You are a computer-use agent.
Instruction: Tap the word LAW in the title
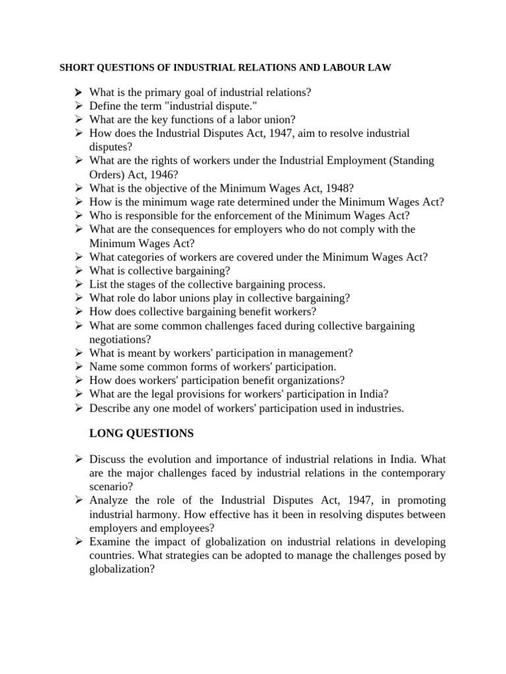click(381, 68)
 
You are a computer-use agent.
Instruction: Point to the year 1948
click(339, 188)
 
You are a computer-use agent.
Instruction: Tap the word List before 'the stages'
click(98, 284)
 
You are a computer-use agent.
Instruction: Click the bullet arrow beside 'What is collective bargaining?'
click(78, 271)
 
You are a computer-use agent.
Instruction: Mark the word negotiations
click(117, 340)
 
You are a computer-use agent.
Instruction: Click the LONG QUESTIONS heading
click(141, 434)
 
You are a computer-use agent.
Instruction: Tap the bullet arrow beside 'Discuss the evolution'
click(78, 459)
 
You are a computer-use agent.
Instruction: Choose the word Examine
click(109, 542)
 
